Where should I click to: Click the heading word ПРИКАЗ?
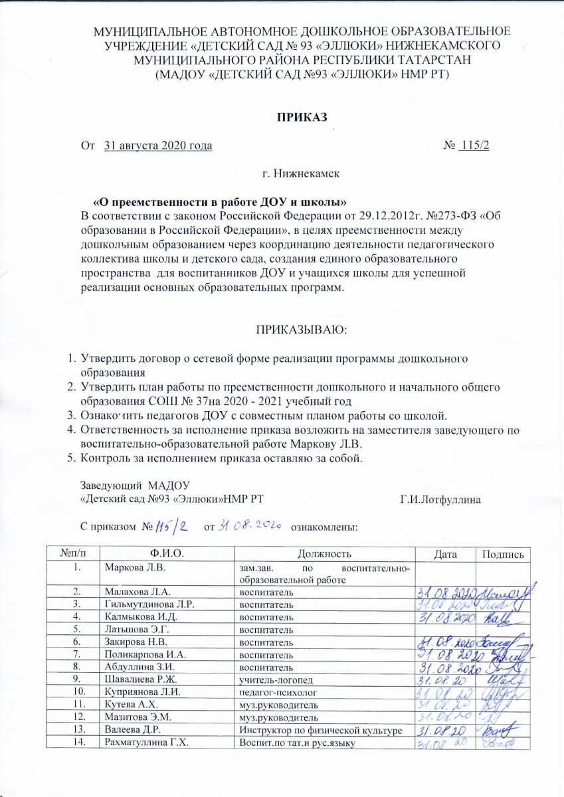point(302,118)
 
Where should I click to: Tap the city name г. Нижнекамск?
point(301,173)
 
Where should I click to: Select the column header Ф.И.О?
point(167,554)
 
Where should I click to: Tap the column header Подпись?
point(506,554)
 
